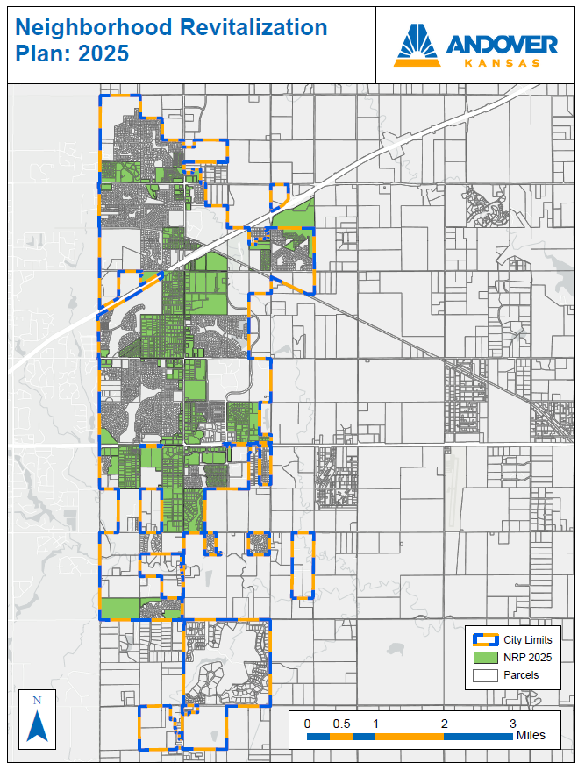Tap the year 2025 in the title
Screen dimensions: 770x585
[x=103, y=53]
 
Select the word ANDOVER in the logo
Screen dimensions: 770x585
[x=501, y=45]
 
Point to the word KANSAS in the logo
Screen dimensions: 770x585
[x=501, y=63]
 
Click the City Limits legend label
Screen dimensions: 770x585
[x=528, y=640]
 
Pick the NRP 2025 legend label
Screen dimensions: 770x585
[x=527, y=658]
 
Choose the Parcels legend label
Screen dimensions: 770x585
[x=521, y=675]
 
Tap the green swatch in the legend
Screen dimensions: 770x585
[x=484, y=658]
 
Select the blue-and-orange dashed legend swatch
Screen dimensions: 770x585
[x=484, y=640]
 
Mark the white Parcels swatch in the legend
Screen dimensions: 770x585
[x=484, y=675]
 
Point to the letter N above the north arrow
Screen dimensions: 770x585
[x=37, y=701]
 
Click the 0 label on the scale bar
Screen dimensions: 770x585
[x=307, y=724]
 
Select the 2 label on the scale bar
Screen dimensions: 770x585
[x=444, y=724]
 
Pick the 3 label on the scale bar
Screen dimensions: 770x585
[x=512, y=724]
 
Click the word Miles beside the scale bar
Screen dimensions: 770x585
[x=531, y=735]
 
